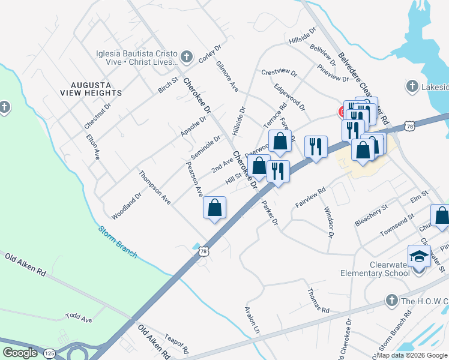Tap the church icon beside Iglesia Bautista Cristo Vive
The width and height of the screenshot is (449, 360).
(x=187, y=57)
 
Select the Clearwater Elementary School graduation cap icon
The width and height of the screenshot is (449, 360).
(x=418, y=256)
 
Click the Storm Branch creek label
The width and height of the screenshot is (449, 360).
(x=118, y=242)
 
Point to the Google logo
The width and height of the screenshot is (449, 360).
(x=20, y=353)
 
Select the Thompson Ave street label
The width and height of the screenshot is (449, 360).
(x=155, y=188)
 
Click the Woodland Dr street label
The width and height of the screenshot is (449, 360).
(x=126, y=206)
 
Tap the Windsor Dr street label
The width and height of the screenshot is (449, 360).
(x=328, y=222)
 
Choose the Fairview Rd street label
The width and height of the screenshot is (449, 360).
(x=310, y=198)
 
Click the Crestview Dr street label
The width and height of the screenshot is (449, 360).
(x=279, y=73)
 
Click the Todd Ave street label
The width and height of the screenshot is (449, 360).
(x=79, y=317)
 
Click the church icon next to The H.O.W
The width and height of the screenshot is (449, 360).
(x=391, y=299)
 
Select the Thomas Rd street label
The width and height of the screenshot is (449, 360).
(x=318, y=301)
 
